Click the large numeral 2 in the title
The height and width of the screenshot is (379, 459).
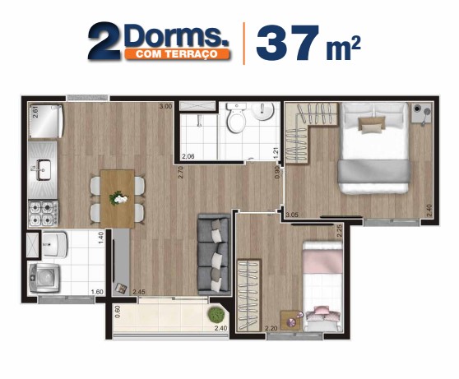(x=104, y=43)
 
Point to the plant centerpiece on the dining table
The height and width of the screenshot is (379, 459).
(x=120, y=197)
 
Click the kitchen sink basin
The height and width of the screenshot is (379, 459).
(x=42, y=172)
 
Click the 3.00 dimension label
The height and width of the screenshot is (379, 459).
(x=165, y=107)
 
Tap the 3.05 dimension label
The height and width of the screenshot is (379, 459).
(x=292, y=215)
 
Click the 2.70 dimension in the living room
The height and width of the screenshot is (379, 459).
(x=180, y=173)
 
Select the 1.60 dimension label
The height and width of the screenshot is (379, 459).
(x=96, y=292)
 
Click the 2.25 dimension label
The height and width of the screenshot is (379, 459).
(x=340, y=231)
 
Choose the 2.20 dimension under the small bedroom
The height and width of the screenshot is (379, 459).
(x=271, y=329)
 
